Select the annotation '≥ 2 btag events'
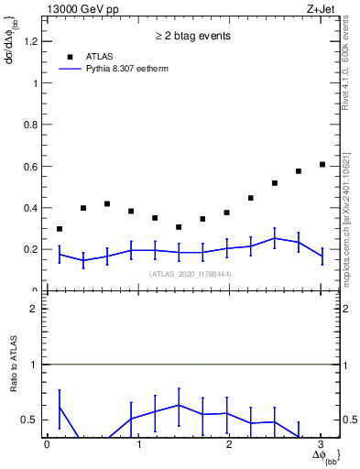point(191,37)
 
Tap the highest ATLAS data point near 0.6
point(322,164)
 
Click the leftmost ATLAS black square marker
point(60,229)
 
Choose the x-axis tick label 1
point(138,444)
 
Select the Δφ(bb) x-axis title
point(324,456)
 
